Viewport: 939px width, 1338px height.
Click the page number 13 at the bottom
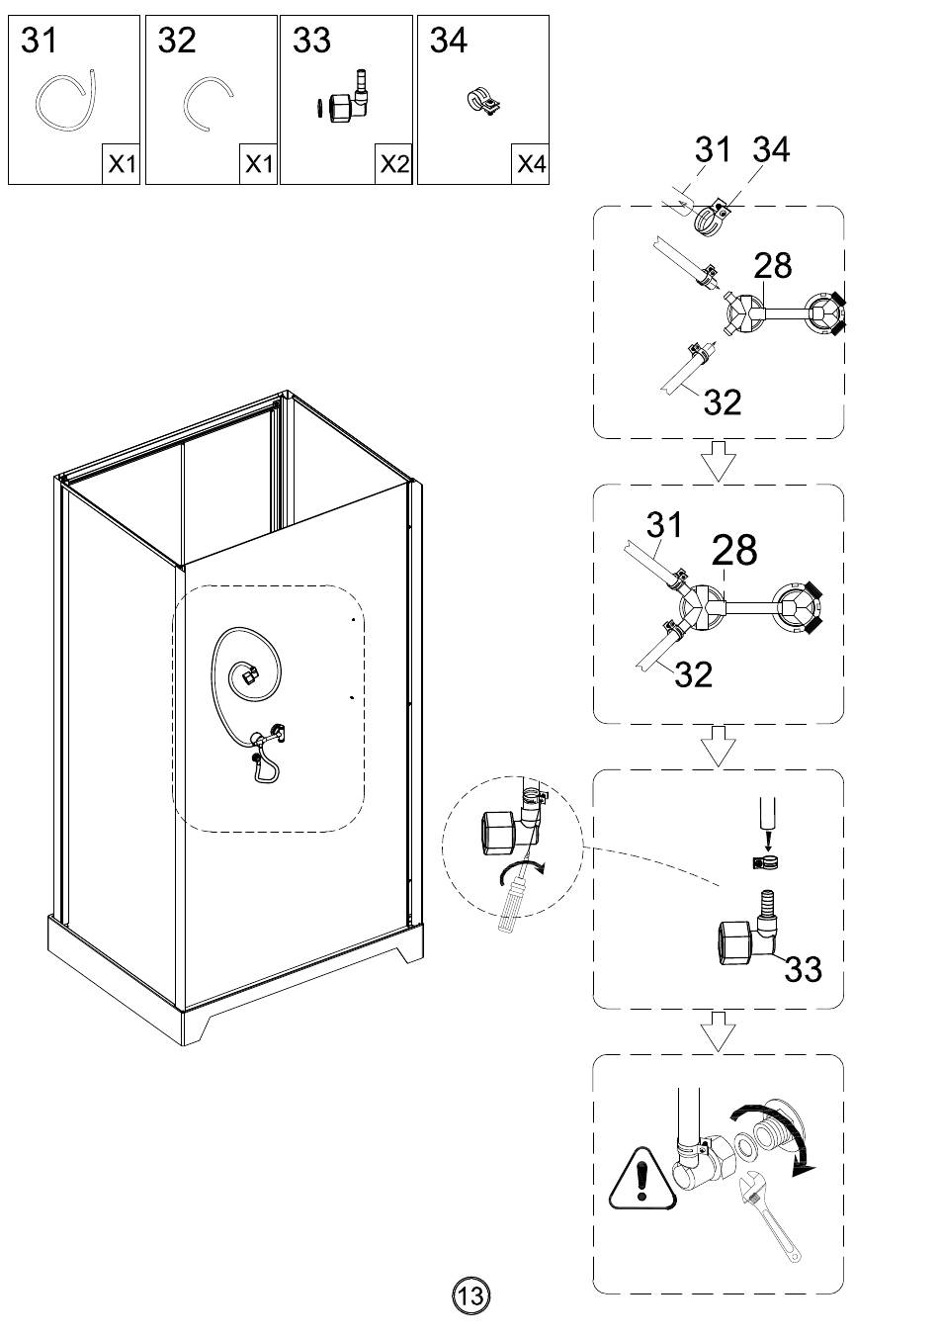[470, 1294]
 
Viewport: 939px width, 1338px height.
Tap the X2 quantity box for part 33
[394, 164]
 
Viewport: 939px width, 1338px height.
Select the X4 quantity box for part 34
[531, 164]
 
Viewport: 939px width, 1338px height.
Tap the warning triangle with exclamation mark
[643, 1180]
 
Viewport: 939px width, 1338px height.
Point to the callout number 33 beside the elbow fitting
[803, 969]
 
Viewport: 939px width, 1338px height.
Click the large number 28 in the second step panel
[734, 551]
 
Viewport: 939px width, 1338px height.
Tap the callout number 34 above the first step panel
[771, 150]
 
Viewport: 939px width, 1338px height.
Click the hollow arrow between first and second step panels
[719, 461]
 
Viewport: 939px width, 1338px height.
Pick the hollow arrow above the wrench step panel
[719, 1033]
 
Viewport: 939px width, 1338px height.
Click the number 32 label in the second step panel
[693, 674]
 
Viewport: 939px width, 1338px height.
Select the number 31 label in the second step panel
[664, 524]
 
